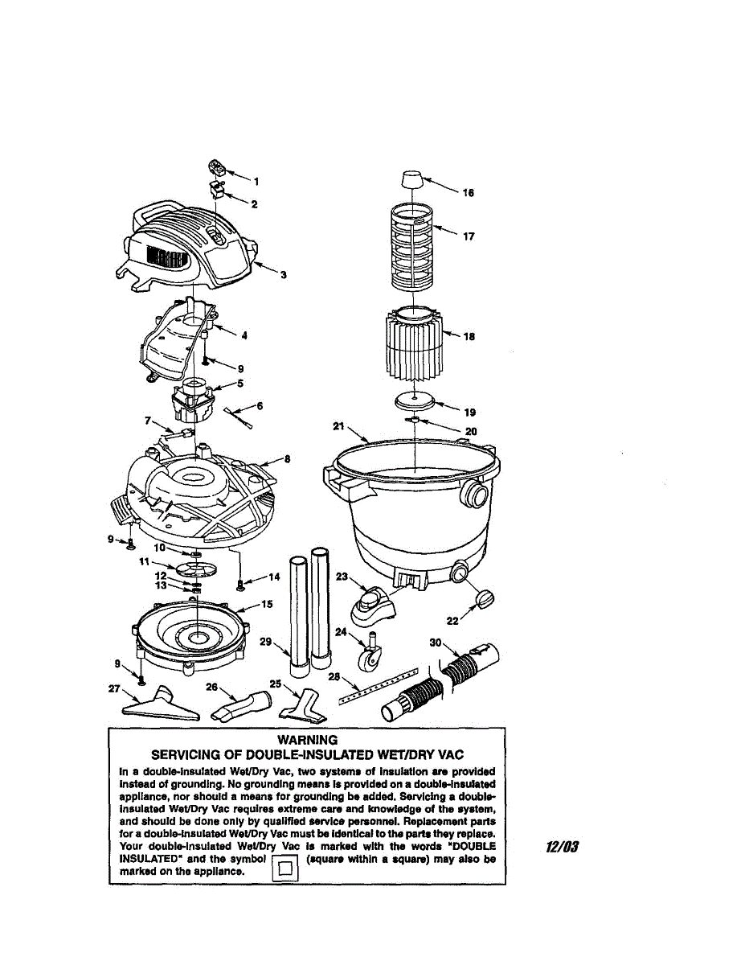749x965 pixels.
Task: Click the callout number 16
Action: [x=469, y=193]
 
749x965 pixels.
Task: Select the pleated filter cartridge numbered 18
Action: [x=413, y=343]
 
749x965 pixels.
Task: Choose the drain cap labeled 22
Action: [x=485, y=599]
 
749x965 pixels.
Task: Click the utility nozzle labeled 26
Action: [x=241, y=705]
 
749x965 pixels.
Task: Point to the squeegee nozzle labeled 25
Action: [x=301, y=706]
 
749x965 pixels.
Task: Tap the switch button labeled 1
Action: [x=217, y=168]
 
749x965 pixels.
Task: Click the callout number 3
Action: [x=283, y=275]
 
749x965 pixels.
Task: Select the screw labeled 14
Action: [x=239, y=581]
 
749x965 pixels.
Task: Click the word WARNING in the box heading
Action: [x=307, y=740]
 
